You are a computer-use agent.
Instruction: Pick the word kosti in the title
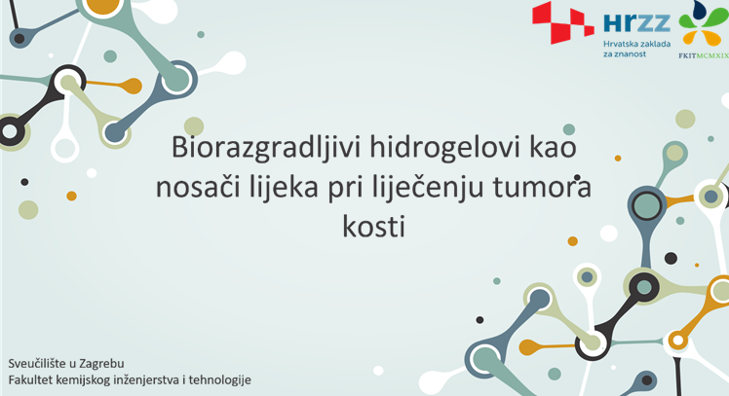[x=374, y=227]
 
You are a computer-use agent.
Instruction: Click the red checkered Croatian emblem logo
[x=563, y=22]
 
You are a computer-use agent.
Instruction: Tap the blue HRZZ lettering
[x=636, y=22]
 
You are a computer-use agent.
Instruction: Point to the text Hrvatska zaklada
[x=637, y=44]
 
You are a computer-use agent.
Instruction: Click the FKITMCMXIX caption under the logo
[x=704, y=55]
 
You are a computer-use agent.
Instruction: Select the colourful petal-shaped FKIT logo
[x=704, y=24]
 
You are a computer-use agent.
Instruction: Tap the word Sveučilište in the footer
[x=37, y=363]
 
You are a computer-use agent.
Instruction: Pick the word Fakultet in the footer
[x=30, y=379]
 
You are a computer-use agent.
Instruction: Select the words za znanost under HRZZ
[x=625, y=54]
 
